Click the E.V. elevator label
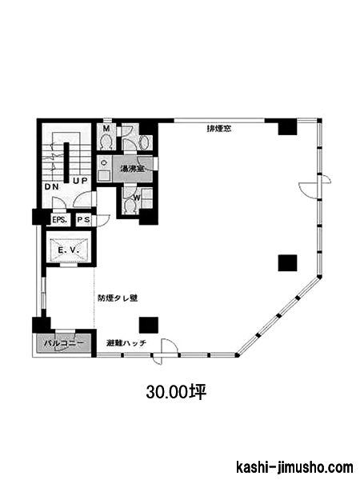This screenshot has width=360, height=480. click(69, 250)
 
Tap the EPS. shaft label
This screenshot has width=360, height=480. click(59, 220)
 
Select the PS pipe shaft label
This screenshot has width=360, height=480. click(83, 219)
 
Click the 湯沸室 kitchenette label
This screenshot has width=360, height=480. click(133, 168)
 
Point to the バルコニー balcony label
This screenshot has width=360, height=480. click(64, 343)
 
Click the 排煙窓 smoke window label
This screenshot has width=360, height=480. click(219, 129)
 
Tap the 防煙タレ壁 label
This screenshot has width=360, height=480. click(118, 298)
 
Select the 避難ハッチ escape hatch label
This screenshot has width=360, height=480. click(126, 343)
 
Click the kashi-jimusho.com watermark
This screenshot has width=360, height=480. click(294, 467)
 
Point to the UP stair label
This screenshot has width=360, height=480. click(80, 181)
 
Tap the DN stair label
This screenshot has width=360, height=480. click(52, 186)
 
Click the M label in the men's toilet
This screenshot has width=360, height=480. click(106, 129)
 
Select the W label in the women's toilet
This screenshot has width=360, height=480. click(137, 198)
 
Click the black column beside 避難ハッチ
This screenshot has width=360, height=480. click(149, 325)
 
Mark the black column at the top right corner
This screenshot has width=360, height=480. click(287, 126)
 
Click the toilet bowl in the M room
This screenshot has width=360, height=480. click(106, 142)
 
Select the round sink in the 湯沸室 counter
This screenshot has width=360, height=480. click(103, 163)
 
